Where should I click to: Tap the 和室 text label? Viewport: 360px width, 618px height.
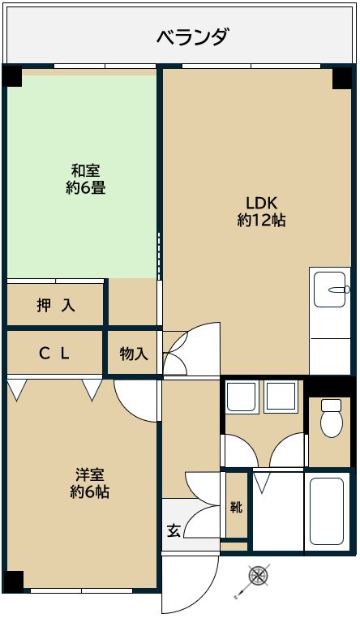pos(85,171)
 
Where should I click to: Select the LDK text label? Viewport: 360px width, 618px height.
pos(261,203)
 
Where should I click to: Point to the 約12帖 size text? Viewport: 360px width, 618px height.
pos(261,220)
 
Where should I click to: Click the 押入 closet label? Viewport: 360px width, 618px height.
pos(56,305)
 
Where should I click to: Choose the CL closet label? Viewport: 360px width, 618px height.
pos(55,353)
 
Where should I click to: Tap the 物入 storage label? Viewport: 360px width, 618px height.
pos(133,354)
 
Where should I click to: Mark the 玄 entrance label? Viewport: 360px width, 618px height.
pos(174,531)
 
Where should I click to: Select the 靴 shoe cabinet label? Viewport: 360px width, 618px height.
pos(235,509)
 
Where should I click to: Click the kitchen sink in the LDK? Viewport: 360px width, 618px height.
pos(331,289)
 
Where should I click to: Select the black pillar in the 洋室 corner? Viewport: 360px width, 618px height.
pos(12,581)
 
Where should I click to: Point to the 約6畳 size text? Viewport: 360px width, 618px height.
pos(85,188)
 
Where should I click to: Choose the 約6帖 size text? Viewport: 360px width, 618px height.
pos(89,492)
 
